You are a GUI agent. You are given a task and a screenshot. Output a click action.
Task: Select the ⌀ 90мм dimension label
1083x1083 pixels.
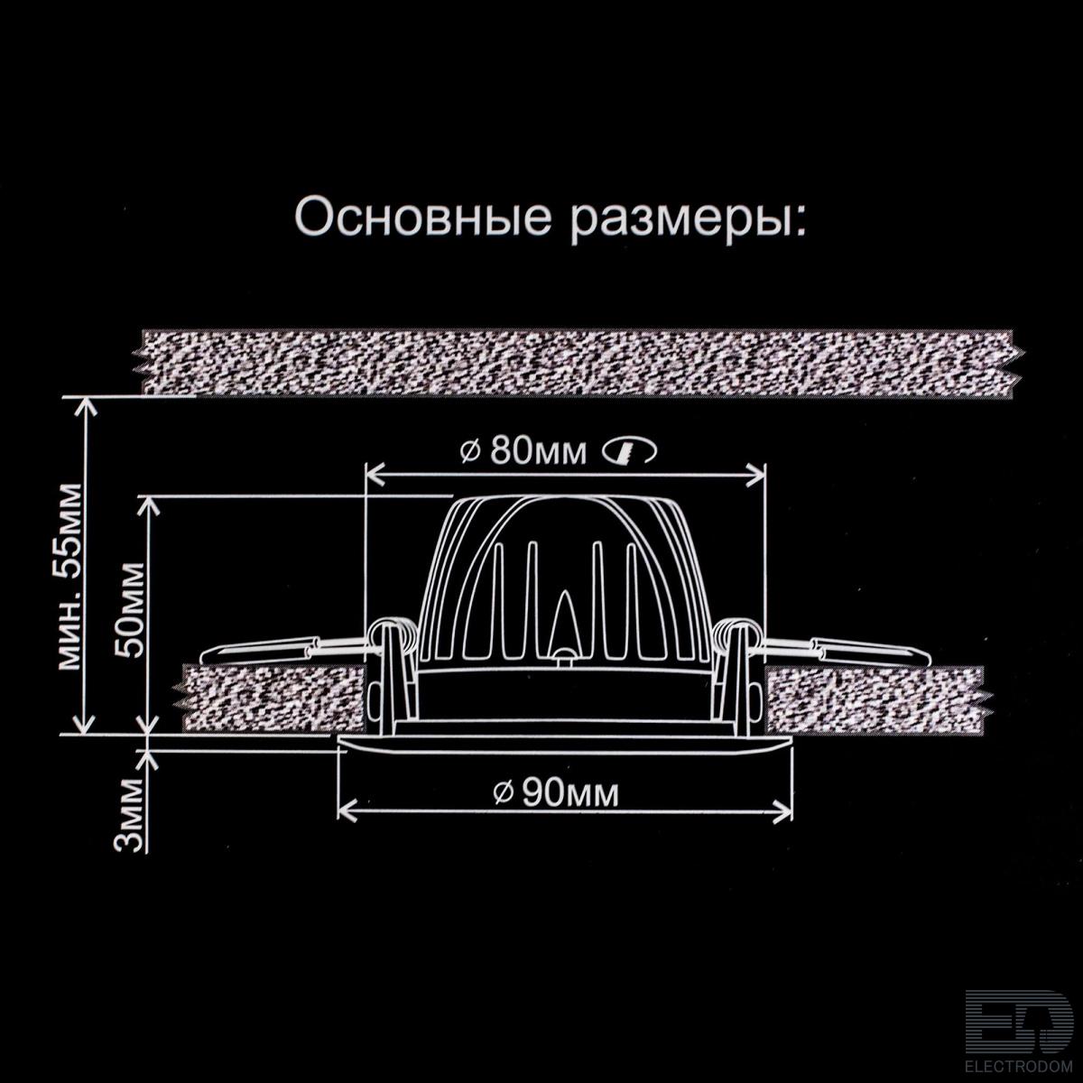(556, 793)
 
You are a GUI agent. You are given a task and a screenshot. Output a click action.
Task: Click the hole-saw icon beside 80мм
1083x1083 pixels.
(629, 451)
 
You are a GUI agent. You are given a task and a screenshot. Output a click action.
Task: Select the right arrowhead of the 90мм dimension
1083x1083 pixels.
(782, 813)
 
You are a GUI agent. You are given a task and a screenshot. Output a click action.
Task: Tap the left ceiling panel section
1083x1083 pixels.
(272, 699)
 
